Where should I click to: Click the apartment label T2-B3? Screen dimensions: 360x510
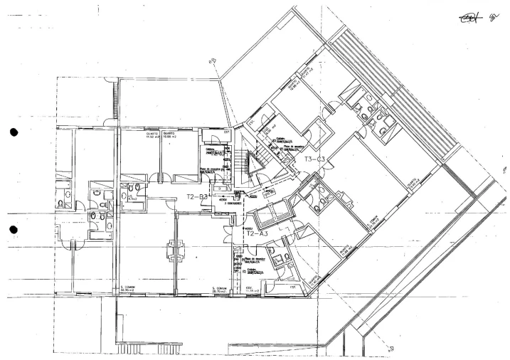point(197,196)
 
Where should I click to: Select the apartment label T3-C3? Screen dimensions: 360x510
point(314,159)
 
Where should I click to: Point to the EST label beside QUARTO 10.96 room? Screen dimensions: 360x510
point(208,132)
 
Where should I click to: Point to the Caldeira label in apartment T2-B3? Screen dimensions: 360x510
point(210,150)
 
